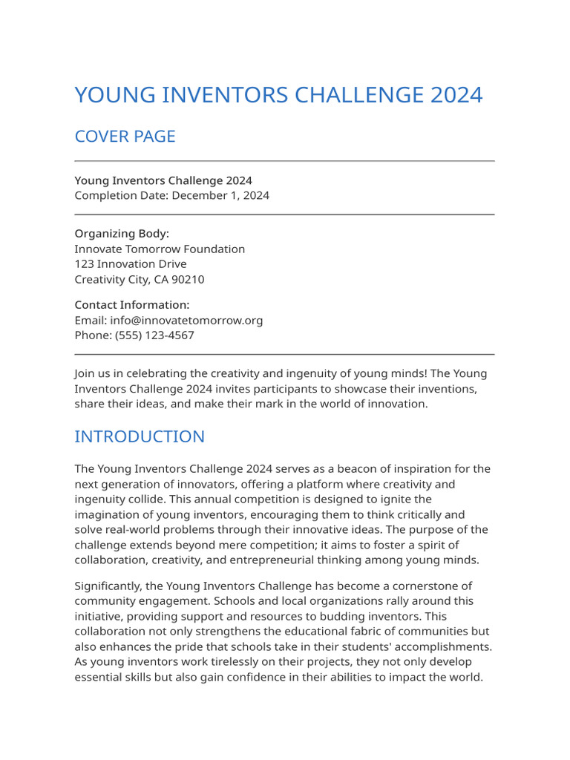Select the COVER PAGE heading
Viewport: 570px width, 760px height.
coord(125,137)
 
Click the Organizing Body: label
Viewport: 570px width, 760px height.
coord(122,234)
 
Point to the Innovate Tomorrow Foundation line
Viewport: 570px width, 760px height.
coord(160,249)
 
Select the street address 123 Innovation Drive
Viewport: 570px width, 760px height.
coord(131,264)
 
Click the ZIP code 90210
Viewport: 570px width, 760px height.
coord(188,280)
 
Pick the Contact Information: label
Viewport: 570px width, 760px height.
coord(132,305)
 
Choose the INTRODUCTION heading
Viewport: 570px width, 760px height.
coord(140,436)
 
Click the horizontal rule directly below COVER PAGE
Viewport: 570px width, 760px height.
coord(284,161)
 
